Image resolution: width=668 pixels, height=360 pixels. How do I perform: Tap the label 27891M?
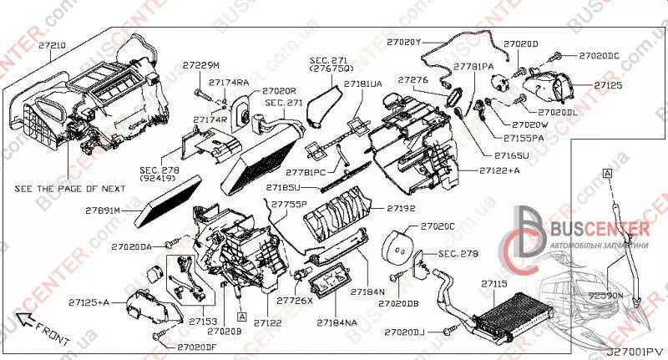pyautogui.click(x=104, y=210)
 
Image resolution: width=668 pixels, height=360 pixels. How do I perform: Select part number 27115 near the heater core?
pyautogui.click(x=493, y=285)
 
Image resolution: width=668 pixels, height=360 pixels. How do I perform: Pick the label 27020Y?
pyautogui.click(x=406, y=39)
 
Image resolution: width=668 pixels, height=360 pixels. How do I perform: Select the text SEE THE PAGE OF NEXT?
pyautogui.click(x=70, y=190)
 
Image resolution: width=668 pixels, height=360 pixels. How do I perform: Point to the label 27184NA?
pyautogui.click(x=337, y=320)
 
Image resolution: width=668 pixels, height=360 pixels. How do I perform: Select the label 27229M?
pyautogui.click(x=201, y=65)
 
